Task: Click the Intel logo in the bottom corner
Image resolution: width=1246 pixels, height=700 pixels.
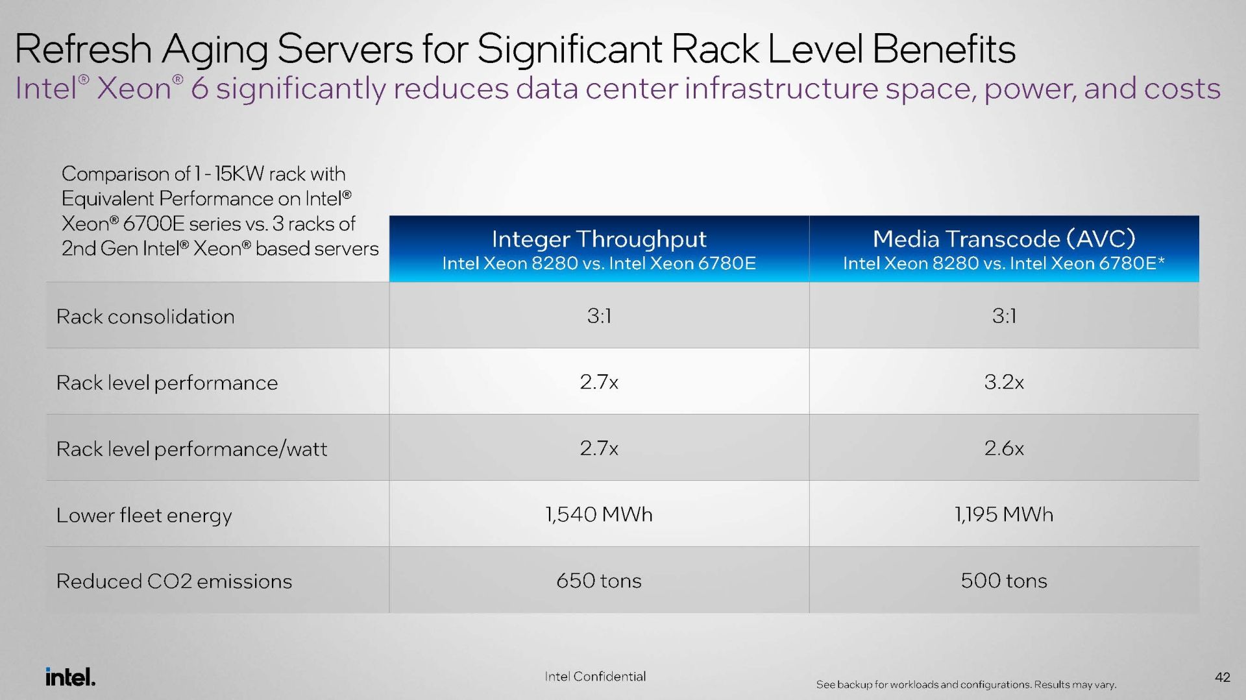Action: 71,677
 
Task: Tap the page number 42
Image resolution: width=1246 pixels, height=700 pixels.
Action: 1222,677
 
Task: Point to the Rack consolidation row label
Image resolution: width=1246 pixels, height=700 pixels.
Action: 145,317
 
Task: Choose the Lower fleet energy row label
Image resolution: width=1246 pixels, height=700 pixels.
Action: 144,516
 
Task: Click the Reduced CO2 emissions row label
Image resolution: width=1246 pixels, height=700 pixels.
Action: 174,581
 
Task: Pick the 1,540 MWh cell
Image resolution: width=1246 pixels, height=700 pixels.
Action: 599,514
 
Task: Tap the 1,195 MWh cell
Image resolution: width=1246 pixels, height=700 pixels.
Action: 1004,514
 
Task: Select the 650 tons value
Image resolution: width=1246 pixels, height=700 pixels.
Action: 599,581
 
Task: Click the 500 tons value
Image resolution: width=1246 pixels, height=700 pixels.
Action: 1004,581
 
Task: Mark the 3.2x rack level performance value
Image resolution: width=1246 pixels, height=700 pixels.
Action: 1004,382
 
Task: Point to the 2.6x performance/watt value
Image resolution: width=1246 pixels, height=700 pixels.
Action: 1004,448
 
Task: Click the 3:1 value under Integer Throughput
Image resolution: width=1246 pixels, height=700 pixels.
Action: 599,316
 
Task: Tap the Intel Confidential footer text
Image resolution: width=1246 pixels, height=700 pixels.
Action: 595,677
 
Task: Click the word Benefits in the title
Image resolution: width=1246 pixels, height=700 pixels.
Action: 944,49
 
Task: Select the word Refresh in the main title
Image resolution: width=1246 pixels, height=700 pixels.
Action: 83,49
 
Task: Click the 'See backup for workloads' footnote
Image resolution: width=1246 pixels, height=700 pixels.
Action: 966,684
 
